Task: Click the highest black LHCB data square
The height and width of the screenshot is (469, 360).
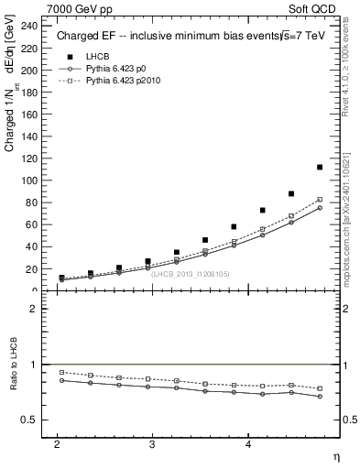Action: click(x=320, y=168)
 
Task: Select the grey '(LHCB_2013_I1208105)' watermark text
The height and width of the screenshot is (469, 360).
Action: click(x=190, y=274)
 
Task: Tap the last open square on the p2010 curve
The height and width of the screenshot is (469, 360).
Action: click(x=320, y=200)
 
